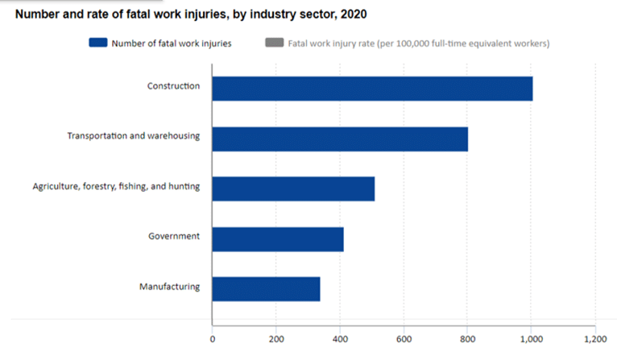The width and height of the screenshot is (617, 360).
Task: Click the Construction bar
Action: tap(372, 89)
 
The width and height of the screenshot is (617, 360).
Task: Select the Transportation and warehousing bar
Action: tap(340, 139)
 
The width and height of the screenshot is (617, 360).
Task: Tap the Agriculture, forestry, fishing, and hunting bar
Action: tap(293, 188)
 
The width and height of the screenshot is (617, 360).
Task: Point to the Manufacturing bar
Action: tap(266, 288)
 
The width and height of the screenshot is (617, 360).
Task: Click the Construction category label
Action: tap(173, 85)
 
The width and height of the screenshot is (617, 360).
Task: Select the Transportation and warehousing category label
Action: tap(133, 135)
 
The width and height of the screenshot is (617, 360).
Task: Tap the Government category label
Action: tap(174, 236)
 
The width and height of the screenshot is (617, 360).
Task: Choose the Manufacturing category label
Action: tap(169, 286)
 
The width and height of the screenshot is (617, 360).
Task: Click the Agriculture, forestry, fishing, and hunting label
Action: tap(116, 186)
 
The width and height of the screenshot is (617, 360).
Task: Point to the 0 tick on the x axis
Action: tap(212, 340)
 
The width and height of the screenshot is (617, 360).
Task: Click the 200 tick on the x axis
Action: tap(275, 340)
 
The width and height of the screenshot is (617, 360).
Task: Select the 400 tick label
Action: tap(340, 340)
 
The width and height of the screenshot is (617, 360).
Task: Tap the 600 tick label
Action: tap(404, 340)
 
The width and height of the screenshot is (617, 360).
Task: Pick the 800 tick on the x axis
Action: tap(467, 340)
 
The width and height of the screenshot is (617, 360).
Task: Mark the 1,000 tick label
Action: tap(531, 340)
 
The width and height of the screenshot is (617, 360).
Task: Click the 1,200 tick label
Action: tap(594, 340)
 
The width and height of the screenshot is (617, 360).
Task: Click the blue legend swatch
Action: tap(98, 43)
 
